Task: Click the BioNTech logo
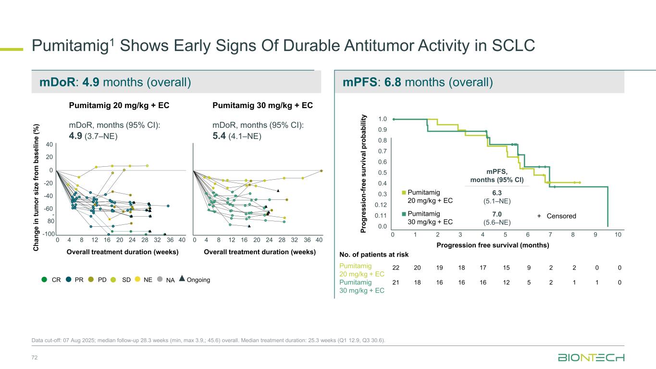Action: pyautogui.click(x=591, y=358)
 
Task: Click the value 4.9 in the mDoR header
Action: pyautogui.click(x=91, y=83)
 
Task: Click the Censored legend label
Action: pyautogui.click(x=560, y=216)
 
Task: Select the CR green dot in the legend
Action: pyautogui.click(x=45, y=279)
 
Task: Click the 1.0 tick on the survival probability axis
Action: pyautogui.click(x=383, y=119)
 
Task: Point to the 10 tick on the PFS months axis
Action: pyautogui.click(x=619, y=234)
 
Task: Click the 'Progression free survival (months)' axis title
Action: pyautogui.click(x=493, y=245)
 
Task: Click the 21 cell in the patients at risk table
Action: pyautogui.click(x=395, y=283)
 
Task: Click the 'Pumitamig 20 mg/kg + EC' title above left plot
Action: pyautogui.click(x=119, y=105)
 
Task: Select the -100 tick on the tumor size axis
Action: pyautogui.click(x=47, y=234)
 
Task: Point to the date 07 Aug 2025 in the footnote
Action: pyautogui.click(x=84, y=341)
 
